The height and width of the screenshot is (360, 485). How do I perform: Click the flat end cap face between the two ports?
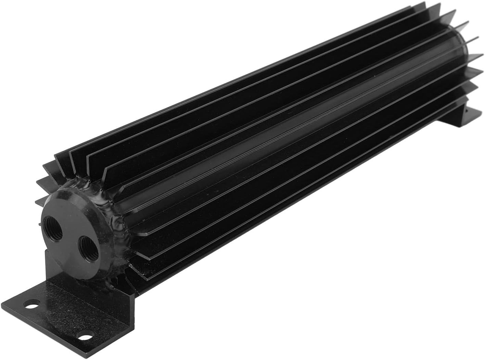(74, 236)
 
